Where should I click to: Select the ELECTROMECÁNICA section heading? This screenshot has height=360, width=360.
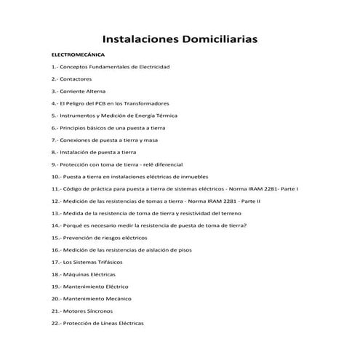click(78, 55)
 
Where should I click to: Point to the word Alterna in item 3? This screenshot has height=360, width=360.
click(96, 91)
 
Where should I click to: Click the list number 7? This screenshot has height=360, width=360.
click(55, 140)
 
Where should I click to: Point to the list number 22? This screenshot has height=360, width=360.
click(56, 323)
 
